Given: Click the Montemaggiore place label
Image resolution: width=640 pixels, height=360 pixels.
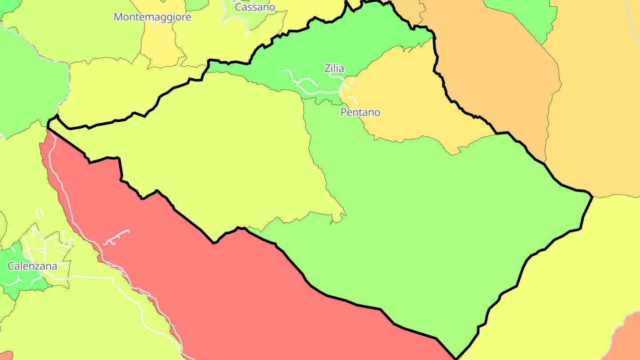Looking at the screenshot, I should click(152, 17).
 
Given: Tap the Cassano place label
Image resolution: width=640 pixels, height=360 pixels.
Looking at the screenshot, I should click(255, 7).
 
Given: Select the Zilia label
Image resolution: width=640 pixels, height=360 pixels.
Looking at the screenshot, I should click(334, 68).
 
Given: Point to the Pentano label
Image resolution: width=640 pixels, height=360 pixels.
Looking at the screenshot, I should click(360, 112).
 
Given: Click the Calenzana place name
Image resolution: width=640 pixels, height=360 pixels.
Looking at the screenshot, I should click(32, 266).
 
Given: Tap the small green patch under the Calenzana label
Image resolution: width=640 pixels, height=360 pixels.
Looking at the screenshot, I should click(18, 284).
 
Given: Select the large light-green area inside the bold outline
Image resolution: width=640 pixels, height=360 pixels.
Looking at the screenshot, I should click(444, 222).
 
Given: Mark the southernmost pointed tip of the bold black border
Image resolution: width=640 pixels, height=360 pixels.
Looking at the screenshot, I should click(456, 358).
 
